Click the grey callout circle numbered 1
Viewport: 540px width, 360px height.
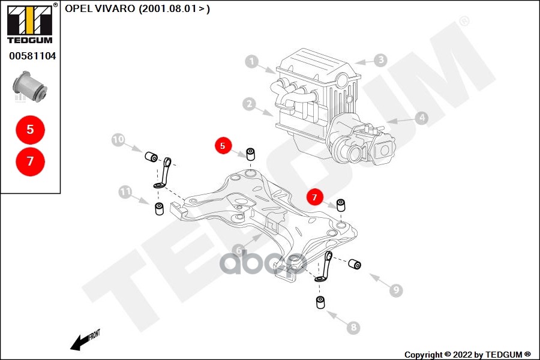(x=252, y=61)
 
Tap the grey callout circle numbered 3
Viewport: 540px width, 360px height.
(x=380, y=60)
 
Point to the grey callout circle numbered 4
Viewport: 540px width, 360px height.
(x=422, y=118)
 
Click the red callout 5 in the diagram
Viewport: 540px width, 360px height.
(x=223, y=145)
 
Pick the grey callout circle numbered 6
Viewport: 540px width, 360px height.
(x=238, y=251)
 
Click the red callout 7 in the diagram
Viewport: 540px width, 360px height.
(x=314, y=196)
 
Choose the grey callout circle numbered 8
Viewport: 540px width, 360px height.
(x=353, y=327)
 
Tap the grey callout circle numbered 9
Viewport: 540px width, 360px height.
(x=395, y=290)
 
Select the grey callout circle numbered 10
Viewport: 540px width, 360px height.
(x=118, y=140)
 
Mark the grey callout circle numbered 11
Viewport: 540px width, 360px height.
(x=125, y=192)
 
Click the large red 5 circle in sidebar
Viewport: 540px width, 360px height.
(x=30, y=129)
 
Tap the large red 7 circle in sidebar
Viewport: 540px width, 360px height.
(x=30, y=161)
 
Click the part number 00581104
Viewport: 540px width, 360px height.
(x=32, y=56)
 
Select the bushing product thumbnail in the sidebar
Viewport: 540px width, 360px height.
(x=31, y=88)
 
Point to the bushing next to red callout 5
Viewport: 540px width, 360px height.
(x=251, y=153)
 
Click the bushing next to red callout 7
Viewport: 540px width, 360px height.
(x=341, y=205)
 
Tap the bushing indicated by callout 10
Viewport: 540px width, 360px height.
(x=151, y=157)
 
